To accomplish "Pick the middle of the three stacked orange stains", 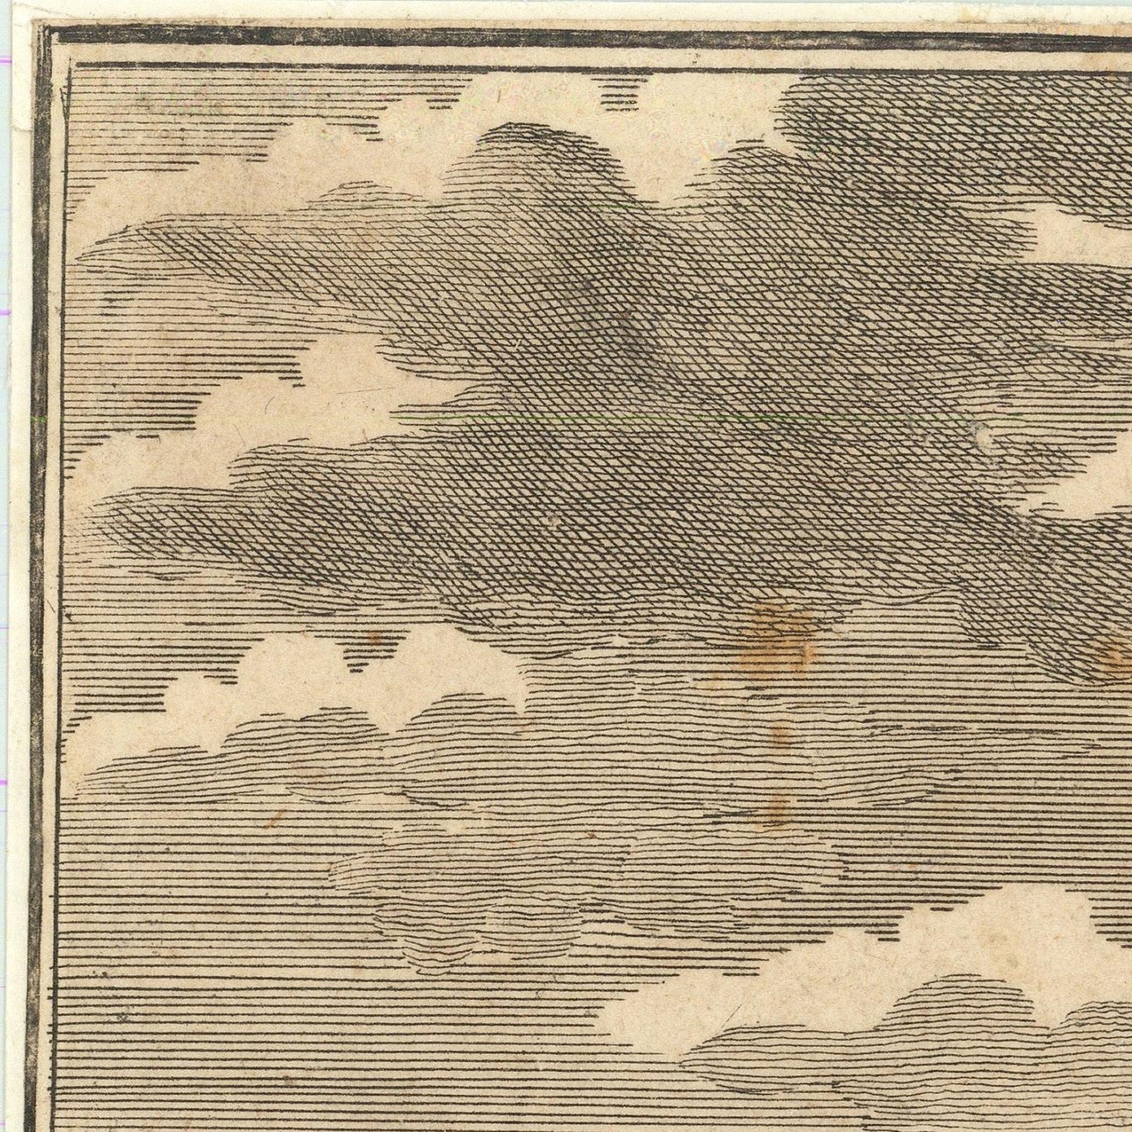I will click(x=780, y=737).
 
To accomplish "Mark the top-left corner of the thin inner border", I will click(x=71, y=67).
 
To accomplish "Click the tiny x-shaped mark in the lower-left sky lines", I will click(x=124, y=1018).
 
